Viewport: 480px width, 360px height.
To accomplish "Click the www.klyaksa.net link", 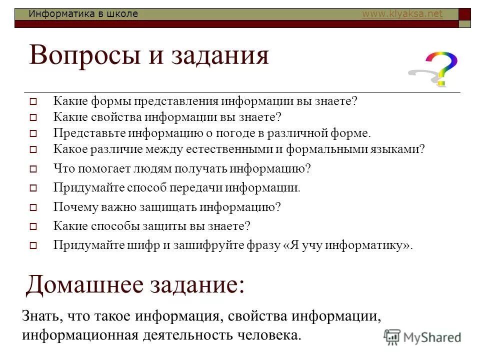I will [402, 14].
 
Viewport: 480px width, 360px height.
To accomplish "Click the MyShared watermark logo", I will [422, 337].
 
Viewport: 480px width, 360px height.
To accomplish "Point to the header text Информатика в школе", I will [83, 14].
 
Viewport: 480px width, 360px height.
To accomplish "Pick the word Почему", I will [73, 206].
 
